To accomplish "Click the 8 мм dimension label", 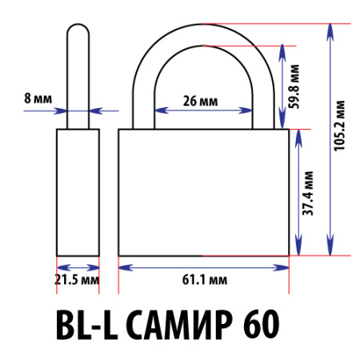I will [x=37, y=98].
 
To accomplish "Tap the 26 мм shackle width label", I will [x=198, y=101].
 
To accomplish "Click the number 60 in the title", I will [x=258, y=324].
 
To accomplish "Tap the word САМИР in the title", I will [x=174, y=324].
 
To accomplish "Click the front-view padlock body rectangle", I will [x=203, y=192].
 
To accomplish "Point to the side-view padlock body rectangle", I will [x=78, y=192].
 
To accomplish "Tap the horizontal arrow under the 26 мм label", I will [x=203, y=111].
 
